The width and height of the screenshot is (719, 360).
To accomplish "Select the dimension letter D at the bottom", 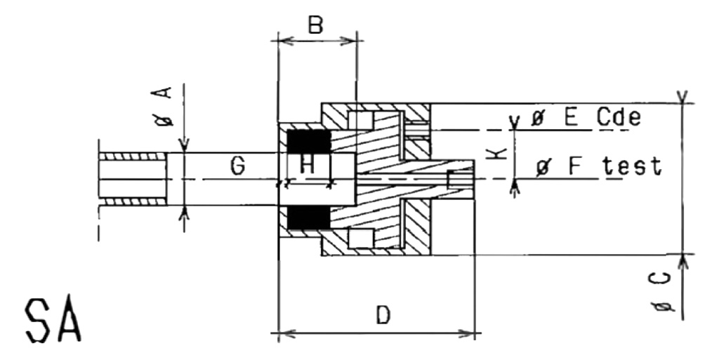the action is click(x=383, y=315).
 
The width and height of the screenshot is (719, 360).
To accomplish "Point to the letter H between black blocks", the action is click(x=308, y=165).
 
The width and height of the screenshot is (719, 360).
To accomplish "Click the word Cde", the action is click(x=619, y=118).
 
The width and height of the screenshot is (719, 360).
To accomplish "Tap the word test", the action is click(x=633, y=167).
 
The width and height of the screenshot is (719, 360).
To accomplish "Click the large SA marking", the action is click(x=53, y=321).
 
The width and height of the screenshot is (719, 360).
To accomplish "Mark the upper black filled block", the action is click(x=309, y=142).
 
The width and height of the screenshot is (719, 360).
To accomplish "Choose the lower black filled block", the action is click(x=309, y=217).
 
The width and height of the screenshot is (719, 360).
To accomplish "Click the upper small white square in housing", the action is click(x=361, y=121).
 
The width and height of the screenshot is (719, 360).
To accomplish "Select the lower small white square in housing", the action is click(x=361, y=239).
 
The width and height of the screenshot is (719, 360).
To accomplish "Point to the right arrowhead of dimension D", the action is click(x=468, y=333).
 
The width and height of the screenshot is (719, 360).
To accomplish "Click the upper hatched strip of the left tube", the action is click(x=133, y=156).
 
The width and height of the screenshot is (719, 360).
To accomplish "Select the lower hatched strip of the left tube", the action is click(x=133, y=201).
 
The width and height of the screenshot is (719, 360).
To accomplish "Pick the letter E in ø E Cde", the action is click(x=570, y=118).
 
